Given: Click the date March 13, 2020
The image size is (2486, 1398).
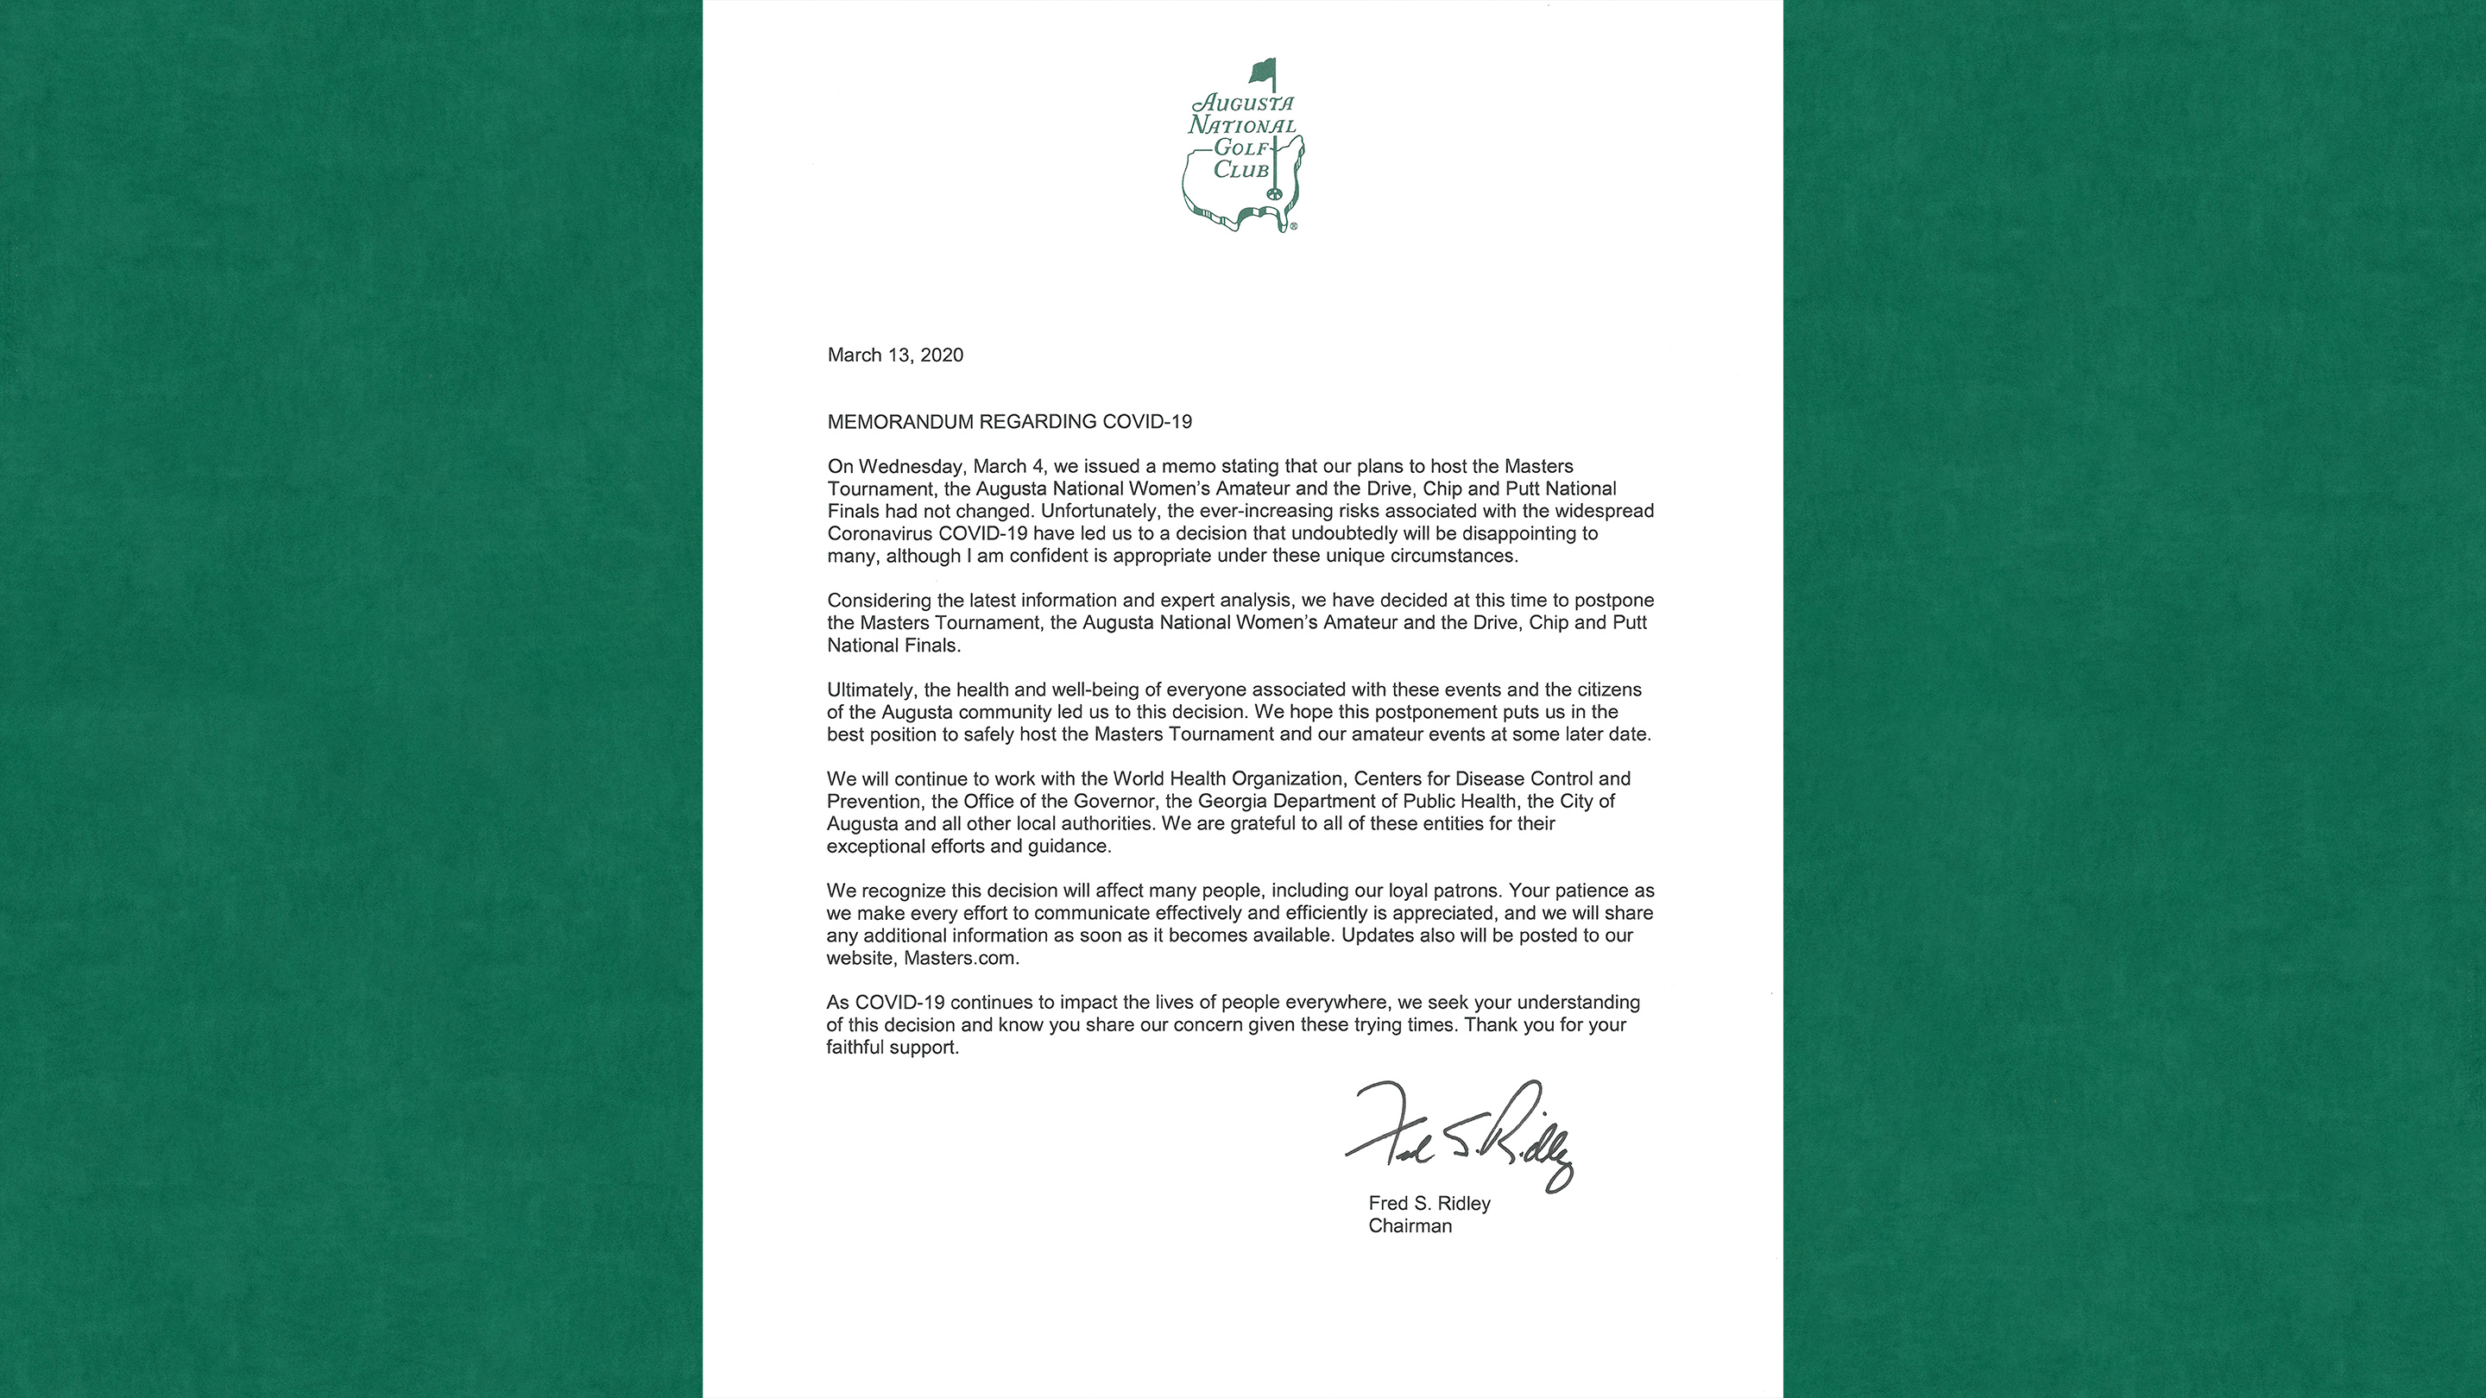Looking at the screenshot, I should coord(894,355).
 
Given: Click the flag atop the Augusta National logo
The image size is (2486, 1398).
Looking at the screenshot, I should coord(1263,72).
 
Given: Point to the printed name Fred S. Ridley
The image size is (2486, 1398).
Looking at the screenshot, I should coord(1429,1203).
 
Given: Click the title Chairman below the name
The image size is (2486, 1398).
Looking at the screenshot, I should coord(1409,1226).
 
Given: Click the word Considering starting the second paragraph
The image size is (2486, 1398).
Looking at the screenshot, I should coord(880,600).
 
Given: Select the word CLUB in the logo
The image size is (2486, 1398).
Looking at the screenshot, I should coord(1241,171).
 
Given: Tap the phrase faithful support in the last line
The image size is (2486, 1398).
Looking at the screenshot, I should coord(892,1048).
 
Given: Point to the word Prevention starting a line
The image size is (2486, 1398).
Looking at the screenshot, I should coord(873,802).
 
